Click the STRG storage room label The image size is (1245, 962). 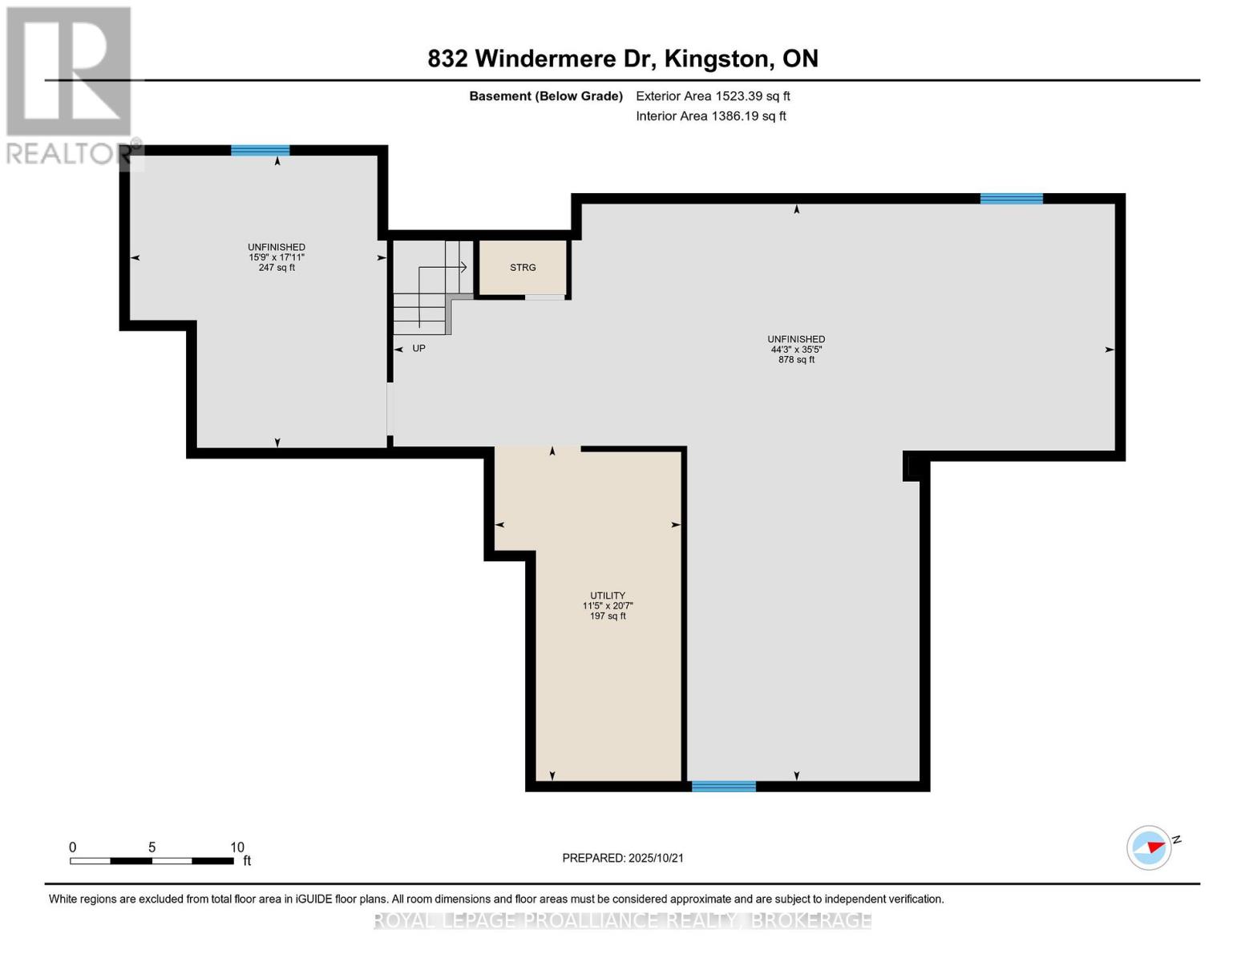523,268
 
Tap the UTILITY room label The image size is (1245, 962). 608,596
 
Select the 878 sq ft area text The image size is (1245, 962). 796,360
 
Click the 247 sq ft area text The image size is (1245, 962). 277,268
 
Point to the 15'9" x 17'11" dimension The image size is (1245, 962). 277,257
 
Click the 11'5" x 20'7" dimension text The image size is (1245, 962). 608,606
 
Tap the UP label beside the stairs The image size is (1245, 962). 418,349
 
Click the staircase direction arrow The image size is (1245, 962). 462,267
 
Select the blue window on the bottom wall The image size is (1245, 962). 723,786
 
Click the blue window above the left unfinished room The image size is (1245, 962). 261,150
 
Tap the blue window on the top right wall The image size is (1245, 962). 1011,199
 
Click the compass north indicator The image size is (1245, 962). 1150,847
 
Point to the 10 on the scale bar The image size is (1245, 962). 237,847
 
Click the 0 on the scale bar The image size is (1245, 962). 73,847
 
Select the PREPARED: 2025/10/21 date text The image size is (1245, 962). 623,858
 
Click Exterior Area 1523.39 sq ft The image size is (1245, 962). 713,96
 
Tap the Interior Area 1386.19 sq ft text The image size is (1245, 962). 710,116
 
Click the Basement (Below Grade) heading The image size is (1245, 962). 546,96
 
